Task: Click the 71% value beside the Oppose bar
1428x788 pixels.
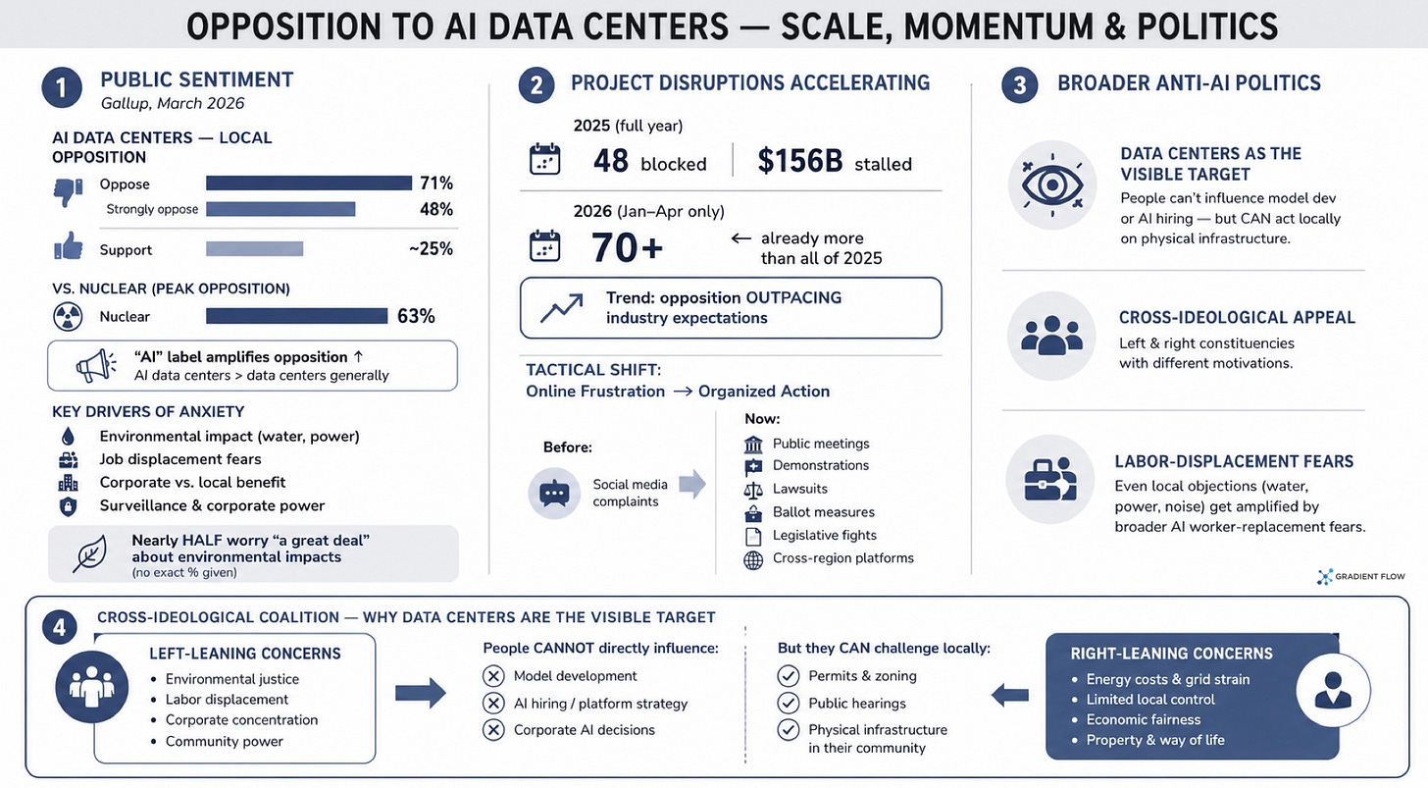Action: tap(436, 184)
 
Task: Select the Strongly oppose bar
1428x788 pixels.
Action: tap(280, 209)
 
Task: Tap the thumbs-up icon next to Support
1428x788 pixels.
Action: tap(69, 245)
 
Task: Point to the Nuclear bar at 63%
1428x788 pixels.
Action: tap(296, 316)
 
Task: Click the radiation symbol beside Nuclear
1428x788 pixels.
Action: tap(68, 317)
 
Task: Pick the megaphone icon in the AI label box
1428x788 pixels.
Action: tap(96, 366)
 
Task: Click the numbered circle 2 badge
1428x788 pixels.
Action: tap(536, 84)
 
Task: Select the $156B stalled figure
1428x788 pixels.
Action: tap(834, 161)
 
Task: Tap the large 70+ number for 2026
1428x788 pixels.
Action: tap(627, 247)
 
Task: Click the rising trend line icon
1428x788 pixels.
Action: tap(562, 308)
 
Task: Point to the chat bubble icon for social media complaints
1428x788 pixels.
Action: tap(554, 494)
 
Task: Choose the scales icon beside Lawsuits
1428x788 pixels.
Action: tap(753, 490)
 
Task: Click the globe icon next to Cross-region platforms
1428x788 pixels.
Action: tap(753, 559)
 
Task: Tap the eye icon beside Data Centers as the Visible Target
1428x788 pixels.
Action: tap(1051, 185)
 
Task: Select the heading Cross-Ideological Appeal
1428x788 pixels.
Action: tap(1237, 317)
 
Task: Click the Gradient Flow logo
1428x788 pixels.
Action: tap(1360, 577)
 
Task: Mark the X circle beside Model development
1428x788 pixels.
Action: tap(492, 676)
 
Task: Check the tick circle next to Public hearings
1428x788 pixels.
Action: tap(788, 704)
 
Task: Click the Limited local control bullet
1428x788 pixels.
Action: tap(1145, 700)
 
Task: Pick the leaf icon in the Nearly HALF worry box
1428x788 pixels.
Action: tap(90, 553)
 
